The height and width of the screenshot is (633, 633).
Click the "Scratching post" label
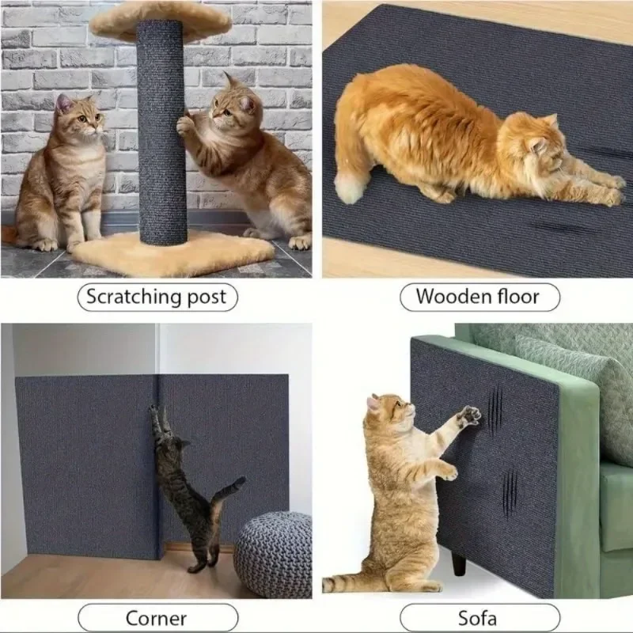pos(156,298)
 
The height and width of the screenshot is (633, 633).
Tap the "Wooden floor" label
pos(478,298)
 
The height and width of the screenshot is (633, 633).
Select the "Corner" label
pos(156,617)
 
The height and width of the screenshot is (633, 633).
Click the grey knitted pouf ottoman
pos(273,554)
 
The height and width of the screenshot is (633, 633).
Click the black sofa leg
pos(459,563)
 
